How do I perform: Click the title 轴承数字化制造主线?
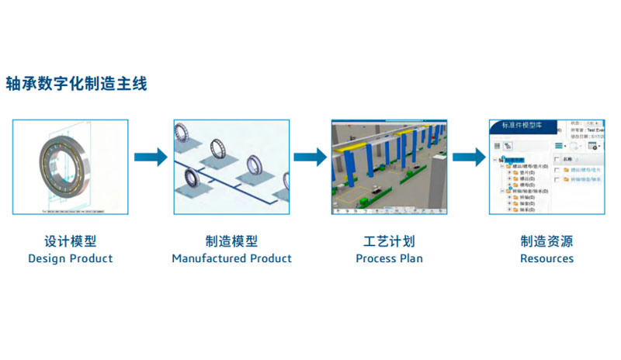pos(76,83)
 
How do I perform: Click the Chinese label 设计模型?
pos(70,241)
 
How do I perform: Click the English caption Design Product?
pos(70,258)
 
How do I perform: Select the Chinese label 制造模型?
pos(231,241)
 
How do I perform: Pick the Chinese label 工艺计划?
pos(389,241)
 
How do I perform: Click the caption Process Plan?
pos(389,258)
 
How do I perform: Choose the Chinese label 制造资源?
pos(546,241)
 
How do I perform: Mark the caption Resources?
pos(546,258)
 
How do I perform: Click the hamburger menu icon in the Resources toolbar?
pos(560,145)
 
